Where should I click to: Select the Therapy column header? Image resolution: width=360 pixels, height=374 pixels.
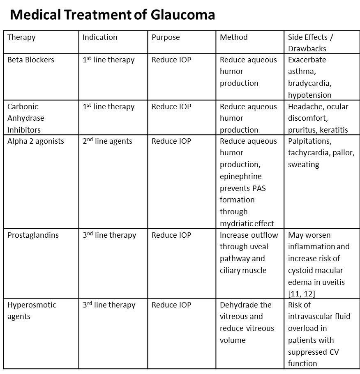pyautogui.click(x=21, y=37)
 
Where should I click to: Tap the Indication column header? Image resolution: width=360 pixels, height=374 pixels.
pyautogui.click(x=100, y=37)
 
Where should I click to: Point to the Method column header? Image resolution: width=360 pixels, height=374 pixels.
pyautogui.click(x=233, y=37)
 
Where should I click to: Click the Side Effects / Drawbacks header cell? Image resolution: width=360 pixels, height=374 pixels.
pyautogui.click(x=310, y=43)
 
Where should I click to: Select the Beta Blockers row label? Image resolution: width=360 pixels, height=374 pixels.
pyautogui.click(x=31, y=60)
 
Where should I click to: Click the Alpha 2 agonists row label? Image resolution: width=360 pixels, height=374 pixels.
pyautogui.click(x=36, y=141)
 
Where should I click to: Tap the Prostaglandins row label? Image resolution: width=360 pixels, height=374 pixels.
pyautogui.click(x=33, y=235)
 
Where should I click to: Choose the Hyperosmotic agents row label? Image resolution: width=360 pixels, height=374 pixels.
pyautogui.click(x=32, y=310)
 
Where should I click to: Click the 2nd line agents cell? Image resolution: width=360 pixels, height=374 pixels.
pyautogui.click(x=107, y=141)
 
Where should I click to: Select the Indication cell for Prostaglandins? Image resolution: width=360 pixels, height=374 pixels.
pyautogui.click(x=109, y=235)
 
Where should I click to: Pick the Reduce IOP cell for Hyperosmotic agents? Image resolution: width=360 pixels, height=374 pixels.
pyautogui.click(x=171, y=305)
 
